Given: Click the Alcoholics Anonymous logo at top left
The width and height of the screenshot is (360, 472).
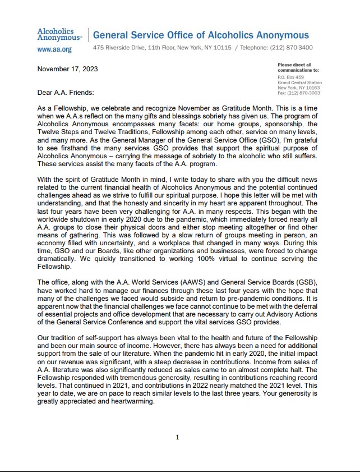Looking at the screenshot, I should coord(59,35).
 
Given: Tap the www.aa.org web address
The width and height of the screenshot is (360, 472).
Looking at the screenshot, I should coord(54,49).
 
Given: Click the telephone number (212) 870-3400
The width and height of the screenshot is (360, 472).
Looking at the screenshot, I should coord(292,48).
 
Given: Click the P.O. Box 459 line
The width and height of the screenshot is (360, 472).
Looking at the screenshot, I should coord(291,77).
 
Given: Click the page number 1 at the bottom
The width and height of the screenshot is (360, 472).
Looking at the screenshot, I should coord(177,438).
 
